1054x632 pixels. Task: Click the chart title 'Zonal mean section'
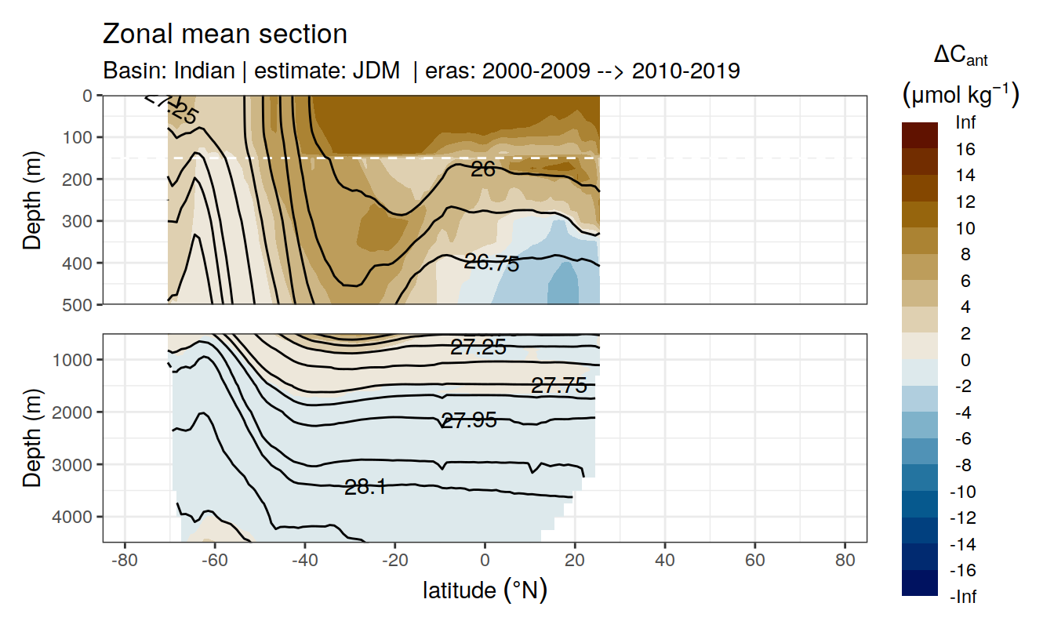pyautogui.click(x=225, y=35)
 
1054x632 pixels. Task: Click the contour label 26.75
pyautogui.click(x=492, y=263)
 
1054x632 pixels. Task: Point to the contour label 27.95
pyautogui.click(x=469, y=420)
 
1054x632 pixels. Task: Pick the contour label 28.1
pyautogui.click(x=365, y=487)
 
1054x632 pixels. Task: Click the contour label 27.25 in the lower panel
pyautogui.click(x=478, y=347)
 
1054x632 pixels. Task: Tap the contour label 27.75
pyautogui.click(x=558, y=385)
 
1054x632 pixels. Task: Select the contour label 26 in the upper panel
pyautogui.click(x=483, y=169)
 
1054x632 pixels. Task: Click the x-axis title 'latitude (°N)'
pyautogui.click(x=485, y=590)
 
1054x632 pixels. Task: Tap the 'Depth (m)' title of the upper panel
pyautogui.click(x=32, y=199)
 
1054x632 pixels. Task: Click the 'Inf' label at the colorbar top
pyautogui.click(x=966, y=122)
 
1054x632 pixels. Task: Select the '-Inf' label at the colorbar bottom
pyautogui.click(x=964, y=597)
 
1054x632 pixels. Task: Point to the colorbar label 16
pyautogui.click(x=965, y=149)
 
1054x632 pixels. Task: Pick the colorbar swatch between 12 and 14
pyautogui.click(x=920, y=188)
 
